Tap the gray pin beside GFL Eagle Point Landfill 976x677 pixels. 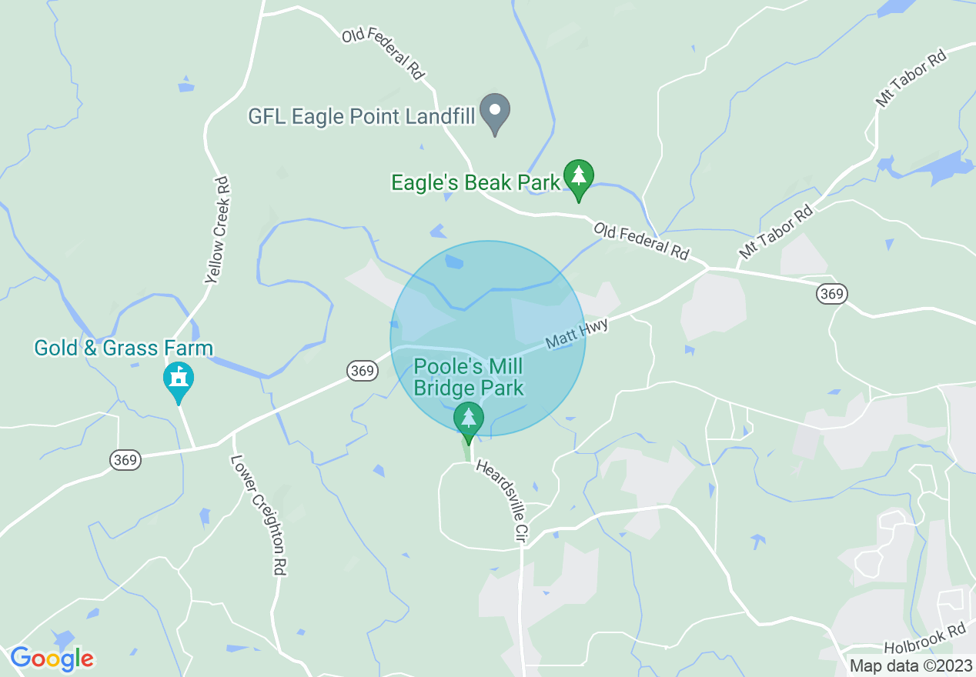(x=495, y=112)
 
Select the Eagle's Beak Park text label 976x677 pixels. (x=476, y=183)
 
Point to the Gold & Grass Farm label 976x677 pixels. (x=123, y=348)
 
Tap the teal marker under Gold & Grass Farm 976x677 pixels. (x=179, y=380)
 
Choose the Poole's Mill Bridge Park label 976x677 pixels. (x=469, y=376)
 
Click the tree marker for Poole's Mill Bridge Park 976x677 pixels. (x=468, y=420)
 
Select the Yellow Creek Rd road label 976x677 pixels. (x=219, y=230)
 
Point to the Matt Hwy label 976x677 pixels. (x=577, y=335)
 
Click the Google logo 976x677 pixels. (x=52, y=659)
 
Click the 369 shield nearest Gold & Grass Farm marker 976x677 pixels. (x=125, y=460)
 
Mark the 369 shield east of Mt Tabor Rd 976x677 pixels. (x=832, y=293)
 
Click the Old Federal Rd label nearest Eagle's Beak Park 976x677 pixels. (x=641, y=242)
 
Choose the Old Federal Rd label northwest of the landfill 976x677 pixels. (x=383, y=55)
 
